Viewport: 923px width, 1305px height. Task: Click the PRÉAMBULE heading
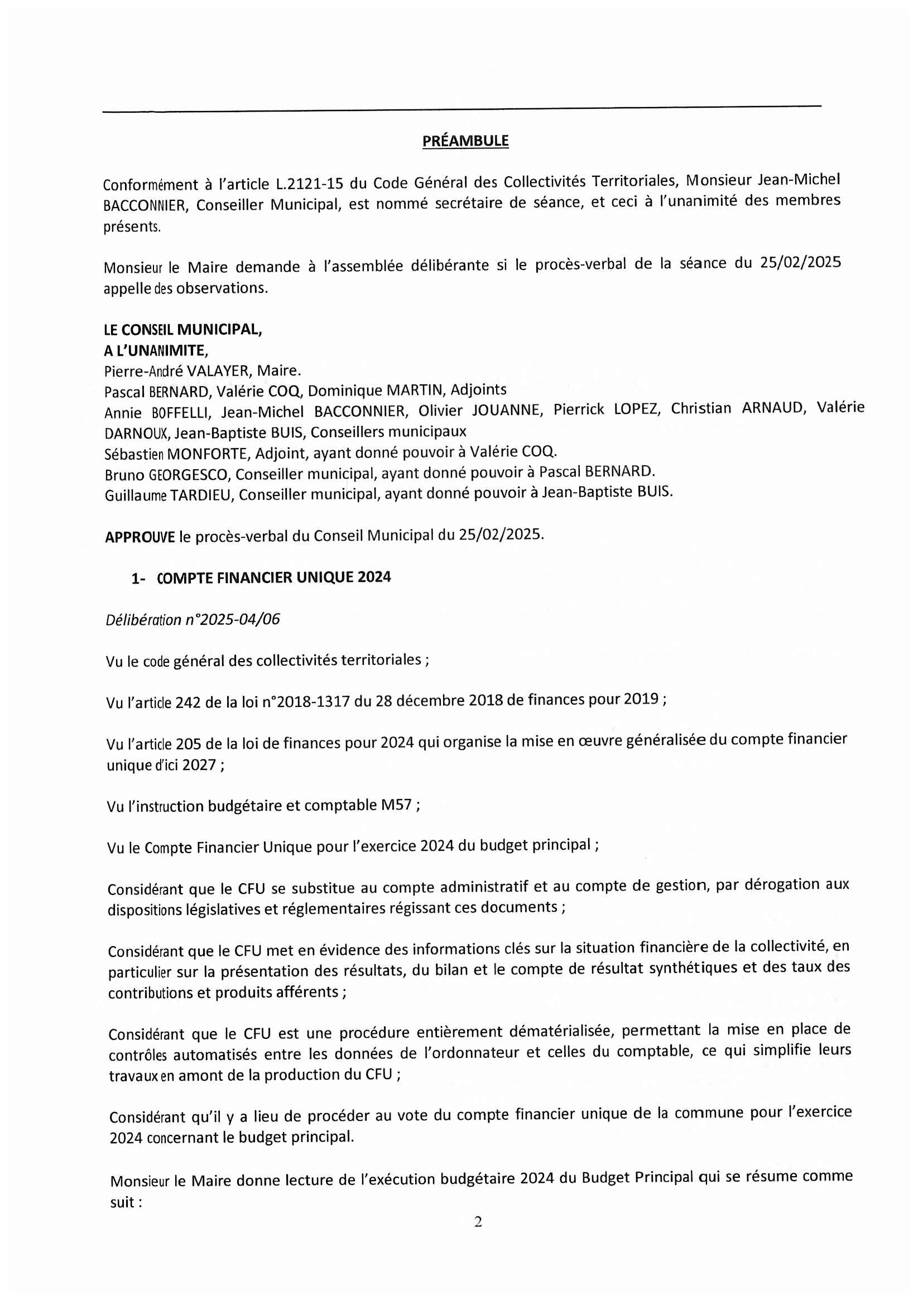pos(465,141)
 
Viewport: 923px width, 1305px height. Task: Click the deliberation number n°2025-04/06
pos(233,619)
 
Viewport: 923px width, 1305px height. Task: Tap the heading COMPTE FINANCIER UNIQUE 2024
pos(273,577)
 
